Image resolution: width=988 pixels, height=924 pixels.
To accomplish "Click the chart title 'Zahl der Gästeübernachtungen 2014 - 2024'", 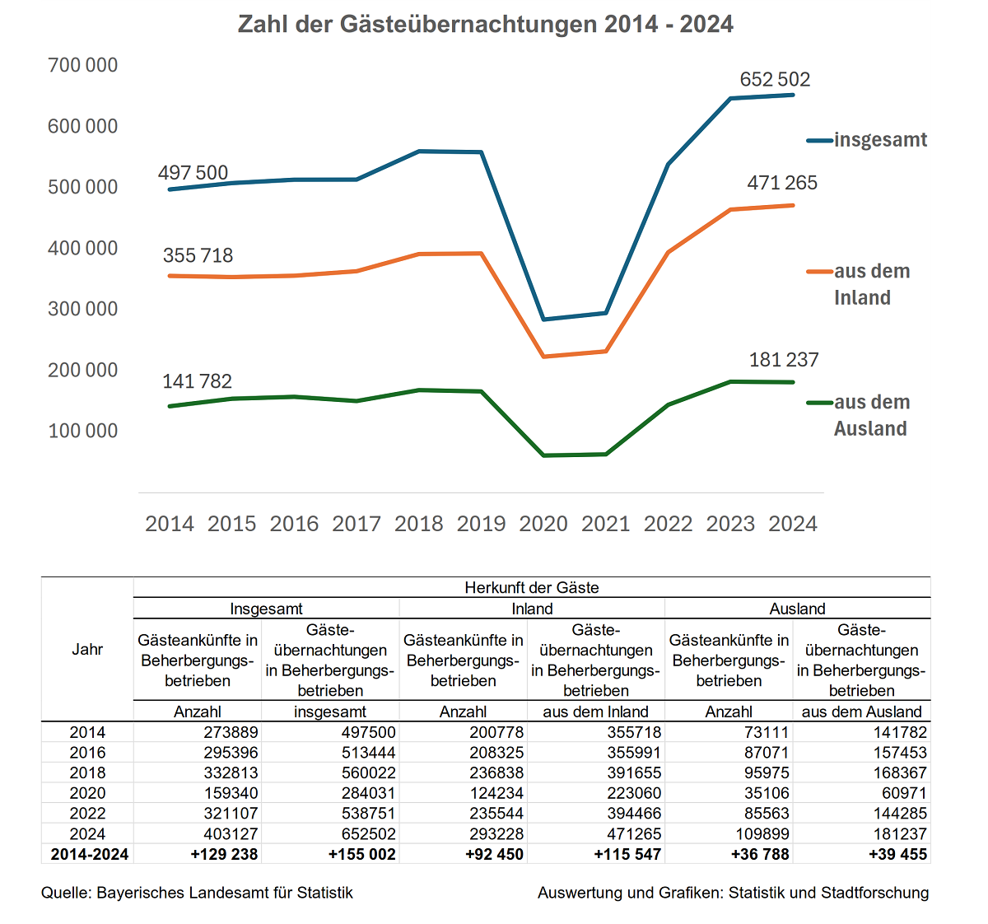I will click(x=485, y=24).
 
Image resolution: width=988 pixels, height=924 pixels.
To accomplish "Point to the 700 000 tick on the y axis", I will click(x=83, y=65).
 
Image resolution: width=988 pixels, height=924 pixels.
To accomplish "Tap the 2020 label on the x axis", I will click(x=543, y=524).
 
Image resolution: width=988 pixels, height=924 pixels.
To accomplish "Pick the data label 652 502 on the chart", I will click(x=775, y=80).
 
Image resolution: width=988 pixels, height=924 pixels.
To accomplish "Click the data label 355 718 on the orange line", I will click(x=198, y=255).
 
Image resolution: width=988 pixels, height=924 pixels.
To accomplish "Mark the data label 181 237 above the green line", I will click(x=784, y=360).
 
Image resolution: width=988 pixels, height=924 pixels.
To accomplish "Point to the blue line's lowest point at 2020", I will click(x=543, y=320).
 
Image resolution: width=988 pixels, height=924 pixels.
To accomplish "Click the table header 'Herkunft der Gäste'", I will click(x=532, y=588).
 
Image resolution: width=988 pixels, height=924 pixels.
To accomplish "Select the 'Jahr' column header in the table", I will click(x=87, y=649).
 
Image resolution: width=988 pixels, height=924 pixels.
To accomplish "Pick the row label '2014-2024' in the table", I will click(x=89, y=854).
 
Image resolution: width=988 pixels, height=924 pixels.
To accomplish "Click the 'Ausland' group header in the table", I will click(x=797, y=609).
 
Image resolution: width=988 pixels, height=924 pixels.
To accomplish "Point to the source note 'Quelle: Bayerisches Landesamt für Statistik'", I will click(x=197, y=893).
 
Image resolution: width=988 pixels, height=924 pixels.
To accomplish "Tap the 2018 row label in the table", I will click(x=87, y=772).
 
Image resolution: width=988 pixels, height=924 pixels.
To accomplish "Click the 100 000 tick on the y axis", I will click(x=83, y=431).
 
